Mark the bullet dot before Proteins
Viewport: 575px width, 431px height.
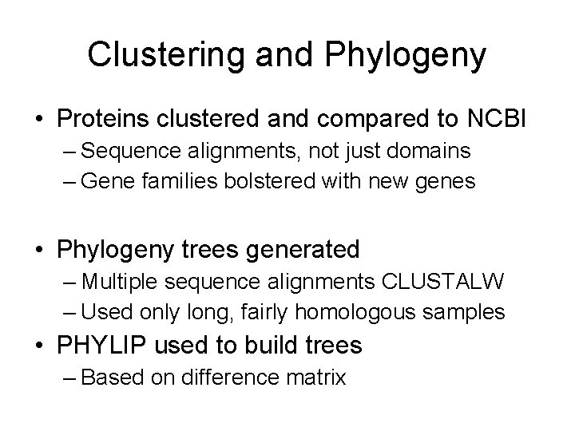coord(40,119)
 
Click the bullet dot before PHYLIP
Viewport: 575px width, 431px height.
coord(40,346)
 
